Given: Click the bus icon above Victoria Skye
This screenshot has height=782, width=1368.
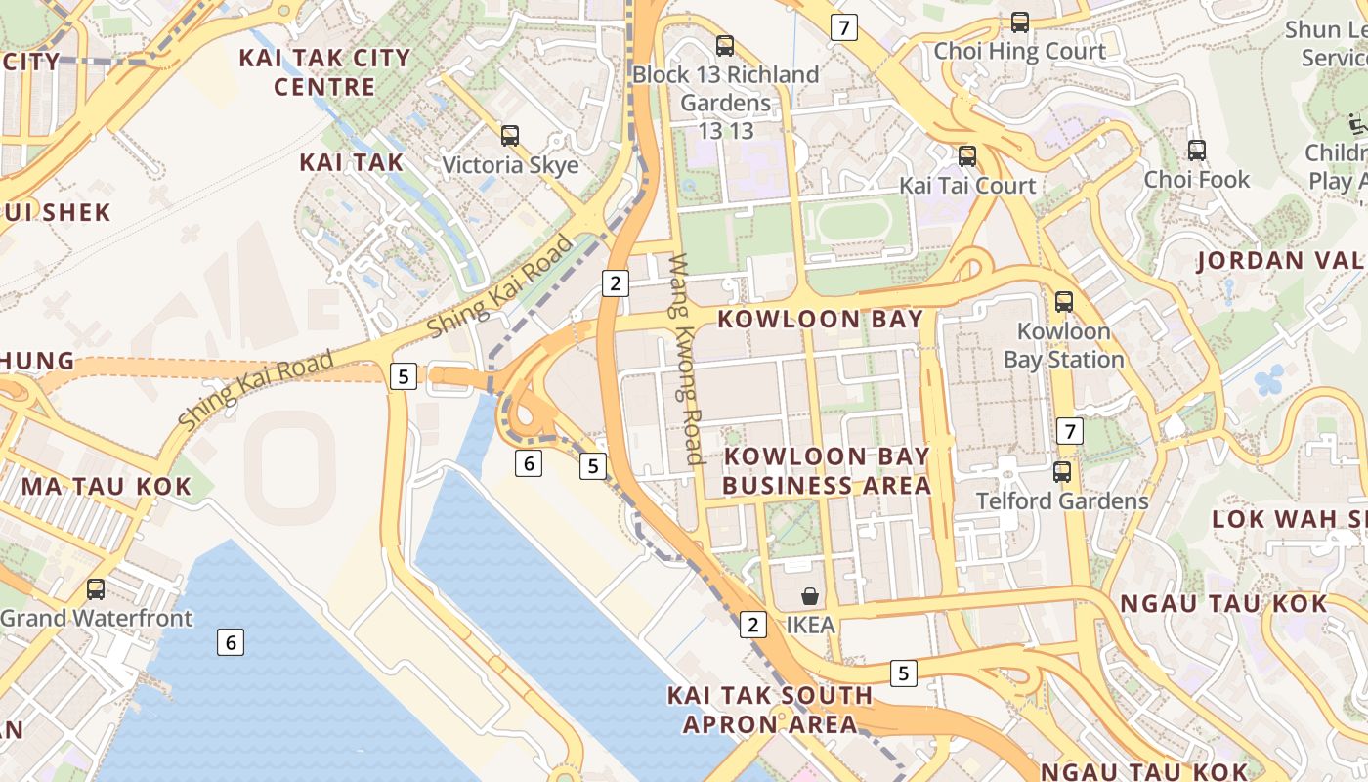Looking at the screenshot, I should (509, 136).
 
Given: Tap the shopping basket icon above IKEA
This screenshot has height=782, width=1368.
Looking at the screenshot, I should (809, 596).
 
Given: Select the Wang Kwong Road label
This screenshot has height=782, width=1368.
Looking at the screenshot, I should (685, 359).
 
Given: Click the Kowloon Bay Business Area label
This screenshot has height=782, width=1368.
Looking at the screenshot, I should (827, 470).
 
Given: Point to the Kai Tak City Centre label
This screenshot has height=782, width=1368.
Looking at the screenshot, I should (324, 72).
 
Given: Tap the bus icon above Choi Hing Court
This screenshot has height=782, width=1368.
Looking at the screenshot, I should (1020, 22).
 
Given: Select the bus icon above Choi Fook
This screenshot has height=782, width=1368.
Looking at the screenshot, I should (1196, 151).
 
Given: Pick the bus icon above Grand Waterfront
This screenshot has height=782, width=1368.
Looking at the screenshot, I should (95, 589).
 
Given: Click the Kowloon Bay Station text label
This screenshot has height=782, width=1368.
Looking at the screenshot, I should (1063, 345).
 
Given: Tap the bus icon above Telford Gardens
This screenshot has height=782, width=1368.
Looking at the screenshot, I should (1062, 472).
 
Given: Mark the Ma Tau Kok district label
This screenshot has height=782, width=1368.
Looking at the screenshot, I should (107, 487).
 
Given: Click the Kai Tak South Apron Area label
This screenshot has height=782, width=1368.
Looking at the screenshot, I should (770, 710).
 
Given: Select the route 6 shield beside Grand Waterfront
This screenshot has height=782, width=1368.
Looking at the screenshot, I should (231, 642).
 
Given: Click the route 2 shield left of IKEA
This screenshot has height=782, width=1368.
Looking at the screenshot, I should (752, 625).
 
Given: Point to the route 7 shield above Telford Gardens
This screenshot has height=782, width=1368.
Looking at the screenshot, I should (1070, 431).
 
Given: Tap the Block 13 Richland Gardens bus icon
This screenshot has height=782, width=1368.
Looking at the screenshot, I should (725, 45).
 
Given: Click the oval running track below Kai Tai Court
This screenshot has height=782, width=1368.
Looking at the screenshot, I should (854, 223).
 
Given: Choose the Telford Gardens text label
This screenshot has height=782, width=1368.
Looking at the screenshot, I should (1062, 501).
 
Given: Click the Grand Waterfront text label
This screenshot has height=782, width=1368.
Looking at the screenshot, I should (97, 619).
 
